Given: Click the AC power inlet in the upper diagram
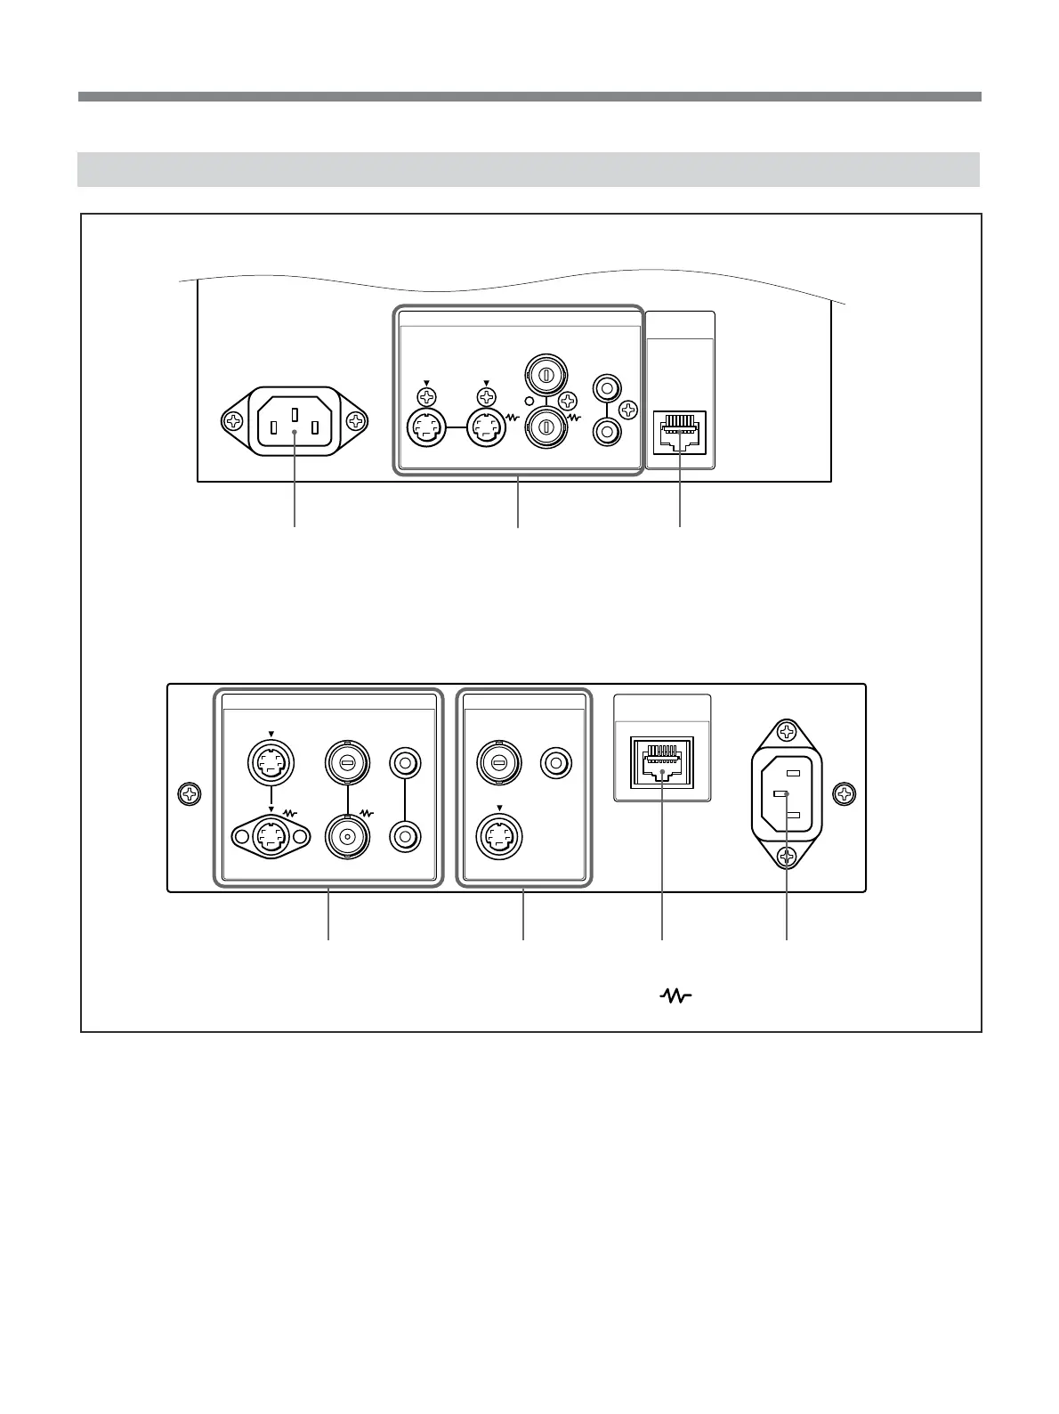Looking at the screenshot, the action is [x=295, y=422].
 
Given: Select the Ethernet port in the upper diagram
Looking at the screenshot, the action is [x=680, y=431].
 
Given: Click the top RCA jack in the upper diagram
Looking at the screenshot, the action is [x=607, y=389].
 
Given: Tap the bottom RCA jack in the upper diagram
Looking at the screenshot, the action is [x=607, y=431].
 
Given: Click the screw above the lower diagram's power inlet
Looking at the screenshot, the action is [x=787, y=732].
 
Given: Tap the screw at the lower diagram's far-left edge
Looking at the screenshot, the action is [x=190, y=792].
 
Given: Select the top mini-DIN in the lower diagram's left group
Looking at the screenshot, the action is [x=270, y=761].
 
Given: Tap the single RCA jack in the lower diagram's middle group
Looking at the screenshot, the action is [x=557, y=762].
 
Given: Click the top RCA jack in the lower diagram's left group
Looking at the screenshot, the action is [x=406, y=763].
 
